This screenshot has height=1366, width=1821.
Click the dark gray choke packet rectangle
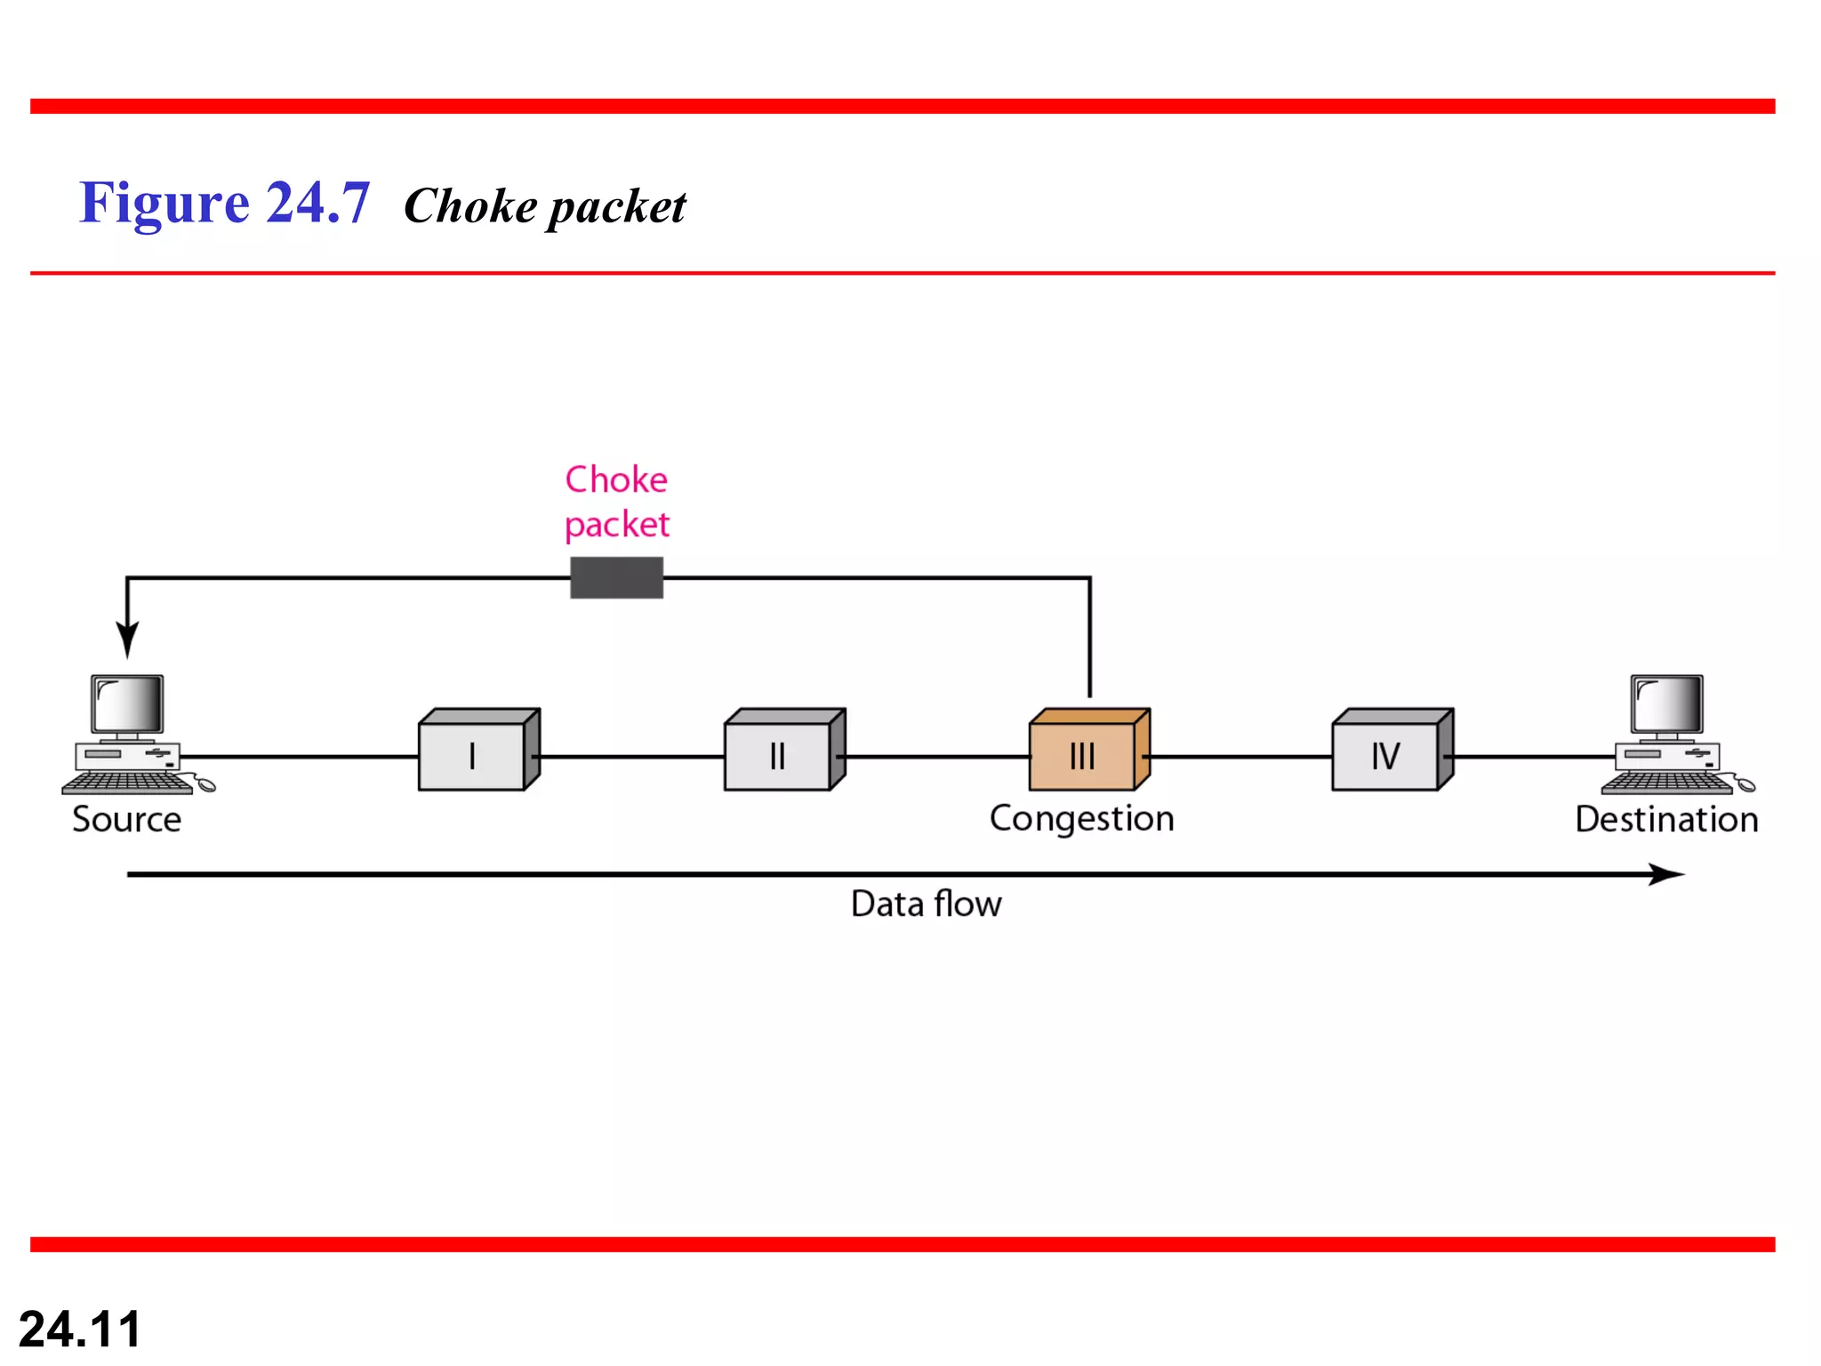click(x=616, y=578)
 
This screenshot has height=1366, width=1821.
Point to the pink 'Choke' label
click(x=616, y=480)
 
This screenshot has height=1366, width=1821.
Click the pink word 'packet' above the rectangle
click(x=616, y=525)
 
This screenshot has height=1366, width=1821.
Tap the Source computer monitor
click(x=128, y=704)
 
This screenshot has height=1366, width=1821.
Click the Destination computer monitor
click(x=1667, y=704)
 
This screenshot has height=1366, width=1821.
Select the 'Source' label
click(x=126, y=819)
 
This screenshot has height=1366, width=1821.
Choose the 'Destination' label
click(x=1666, y=819)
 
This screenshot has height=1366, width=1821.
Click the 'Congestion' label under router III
click(x=1081, y=819)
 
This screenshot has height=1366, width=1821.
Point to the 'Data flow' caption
click(x=926, y=904)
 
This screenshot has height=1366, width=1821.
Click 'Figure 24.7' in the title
click(x=224, y=203)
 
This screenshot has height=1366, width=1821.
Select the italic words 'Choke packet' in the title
click(x=544, y=206)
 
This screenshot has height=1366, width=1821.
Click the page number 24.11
click(x=80, y=1329)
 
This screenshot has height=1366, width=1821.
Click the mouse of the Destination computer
click(x=1745, y=785)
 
